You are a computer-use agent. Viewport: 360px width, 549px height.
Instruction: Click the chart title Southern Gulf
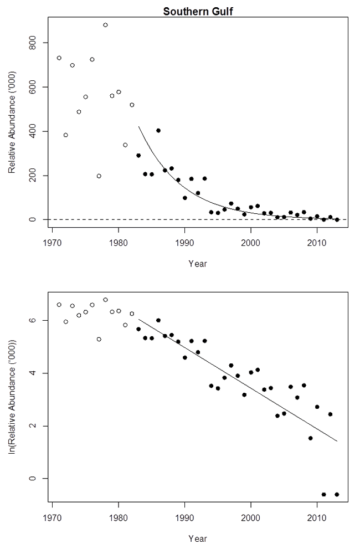[198, 11]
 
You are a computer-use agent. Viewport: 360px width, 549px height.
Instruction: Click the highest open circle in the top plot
[105, 25]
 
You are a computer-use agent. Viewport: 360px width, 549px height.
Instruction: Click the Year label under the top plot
[198, 264]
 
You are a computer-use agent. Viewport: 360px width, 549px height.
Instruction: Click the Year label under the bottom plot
[198, 538]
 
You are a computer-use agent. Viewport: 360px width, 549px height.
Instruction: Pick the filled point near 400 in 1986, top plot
[158, 131]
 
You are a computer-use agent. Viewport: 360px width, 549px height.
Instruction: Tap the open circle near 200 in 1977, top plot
[99, 176]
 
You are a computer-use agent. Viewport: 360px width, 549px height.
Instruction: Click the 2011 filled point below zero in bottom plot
[323, 494]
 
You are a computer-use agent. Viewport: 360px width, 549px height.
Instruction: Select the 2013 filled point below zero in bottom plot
[337, 494]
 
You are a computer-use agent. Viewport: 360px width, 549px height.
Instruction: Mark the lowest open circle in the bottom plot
[99, 339]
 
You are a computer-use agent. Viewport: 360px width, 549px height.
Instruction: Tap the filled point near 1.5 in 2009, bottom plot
[310, 438]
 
